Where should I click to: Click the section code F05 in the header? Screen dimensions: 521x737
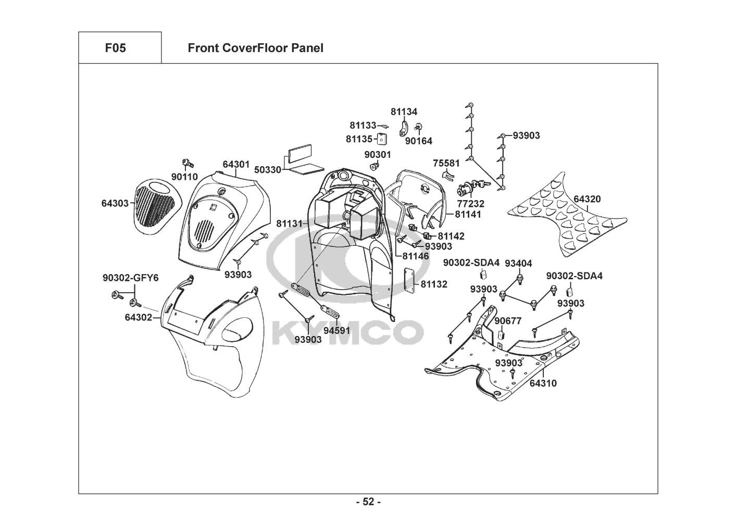click(115, 48)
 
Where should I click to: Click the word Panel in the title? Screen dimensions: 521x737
click(307, 48)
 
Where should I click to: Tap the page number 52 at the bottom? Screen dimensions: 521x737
click(368, 502)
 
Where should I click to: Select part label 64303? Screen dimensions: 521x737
click(115, 203)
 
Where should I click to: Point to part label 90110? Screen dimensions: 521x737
click(184, 177)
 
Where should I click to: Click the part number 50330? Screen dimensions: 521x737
click(268, 170)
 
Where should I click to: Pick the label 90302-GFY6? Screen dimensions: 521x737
click(130, 278)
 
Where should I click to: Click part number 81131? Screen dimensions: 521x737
click(289, 224)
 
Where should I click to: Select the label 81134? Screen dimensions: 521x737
click(404, 111)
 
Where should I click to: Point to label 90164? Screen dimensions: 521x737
click(418, 141)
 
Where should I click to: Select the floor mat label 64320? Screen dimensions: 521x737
click(587, 199)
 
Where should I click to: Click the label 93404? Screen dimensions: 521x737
click(518, 264)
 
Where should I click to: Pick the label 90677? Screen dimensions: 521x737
click(508, 321)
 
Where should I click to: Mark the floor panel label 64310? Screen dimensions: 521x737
click(543, 383)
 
